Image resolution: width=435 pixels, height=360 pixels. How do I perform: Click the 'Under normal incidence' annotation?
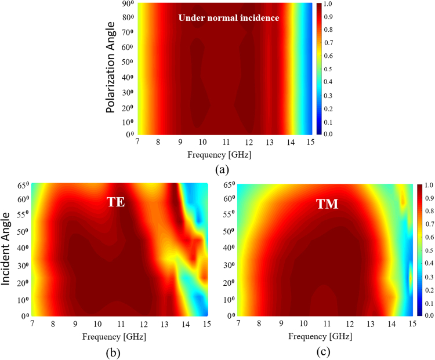tap(229, 18)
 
